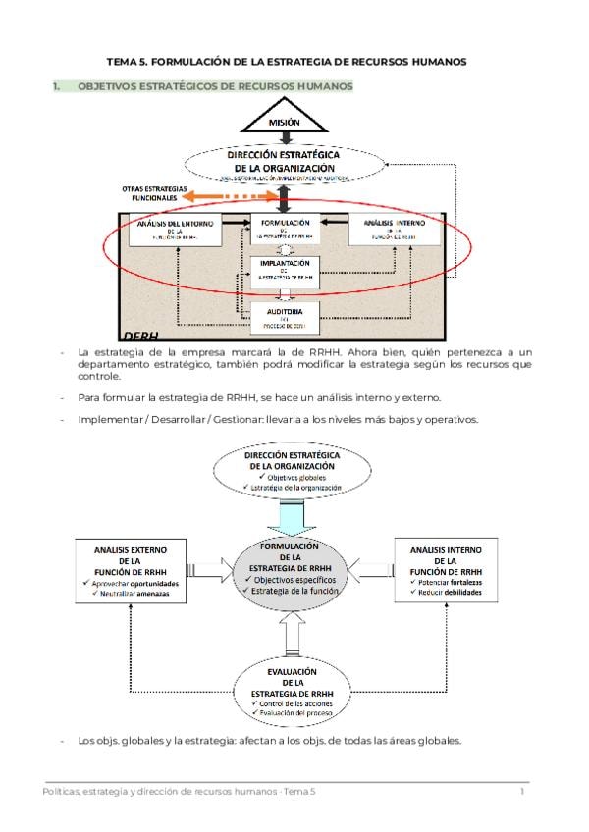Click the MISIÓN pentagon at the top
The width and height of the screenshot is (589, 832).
[284, 121]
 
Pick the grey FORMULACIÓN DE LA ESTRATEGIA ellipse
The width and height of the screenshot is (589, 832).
[291, 571]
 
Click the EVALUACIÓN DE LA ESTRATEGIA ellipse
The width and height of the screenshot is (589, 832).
[292, 693]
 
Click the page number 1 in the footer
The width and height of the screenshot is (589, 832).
[522, 791]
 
